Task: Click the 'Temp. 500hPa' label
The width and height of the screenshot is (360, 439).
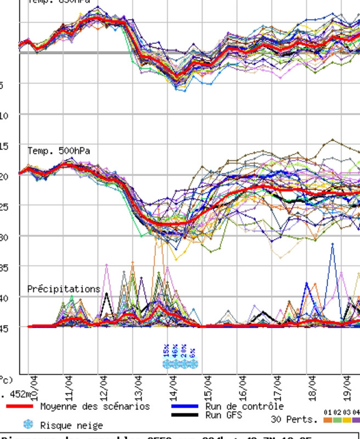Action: [x=59, y=151]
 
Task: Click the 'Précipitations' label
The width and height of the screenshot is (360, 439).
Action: [x=64, y=289]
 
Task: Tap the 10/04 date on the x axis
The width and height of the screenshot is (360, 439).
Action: [x=34, y=387]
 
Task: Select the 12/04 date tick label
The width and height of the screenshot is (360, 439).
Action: [x=104, y=387]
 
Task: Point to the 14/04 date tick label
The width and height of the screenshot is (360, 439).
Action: [x=173, y=387]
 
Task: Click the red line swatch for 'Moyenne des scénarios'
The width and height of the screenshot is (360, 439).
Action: [x=20, y=407]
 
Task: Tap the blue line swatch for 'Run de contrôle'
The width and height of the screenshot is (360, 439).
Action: [x=185, y=407]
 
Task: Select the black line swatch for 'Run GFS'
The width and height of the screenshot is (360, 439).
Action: [x=185, y=415]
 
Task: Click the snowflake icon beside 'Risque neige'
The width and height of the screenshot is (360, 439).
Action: [x=28, y=424]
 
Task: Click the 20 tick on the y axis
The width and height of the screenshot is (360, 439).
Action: [x=3, y=176]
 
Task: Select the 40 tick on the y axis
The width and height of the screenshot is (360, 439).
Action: [x=3, y=297]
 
